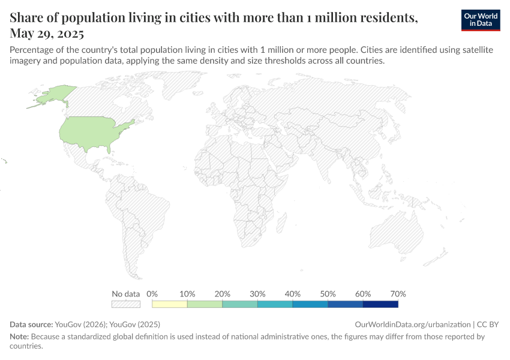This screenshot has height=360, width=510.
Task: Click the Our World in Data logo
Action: (x=481, y=20)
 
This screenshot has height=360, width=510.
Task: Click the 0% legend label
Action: (x=152, y=294)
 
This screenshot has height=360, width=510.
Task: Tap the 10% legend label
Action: (x=187, y=294)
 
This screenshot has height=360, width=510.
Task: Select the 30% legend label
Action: (x=257, y=294)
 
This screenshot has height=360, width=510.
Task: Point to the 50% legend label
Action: (x=328, y=294)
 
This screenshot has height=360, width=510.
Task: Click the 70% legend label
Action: (x=398, y=294)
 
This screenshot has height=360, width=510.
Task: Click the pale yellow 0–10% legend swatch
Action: (x=170, y=304)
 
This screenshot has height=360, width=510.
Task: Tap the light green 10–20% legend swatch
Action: (x=205, y=304)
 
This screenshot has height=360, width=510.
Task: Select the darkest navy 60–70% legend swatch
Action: (x=380, y=304)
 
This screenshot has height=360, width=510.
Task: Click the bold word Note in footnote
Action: (x=19, y=337)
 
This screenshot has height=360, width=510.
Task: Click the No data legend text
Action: (x=126, y=294)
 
